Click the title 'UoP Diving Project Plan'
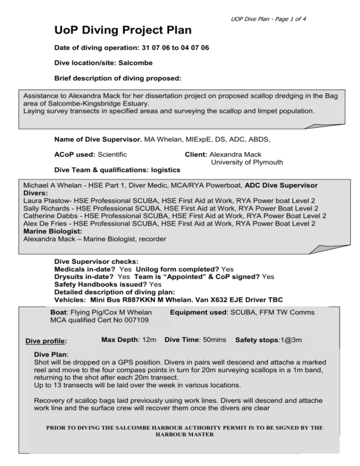tap(123, 31)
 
